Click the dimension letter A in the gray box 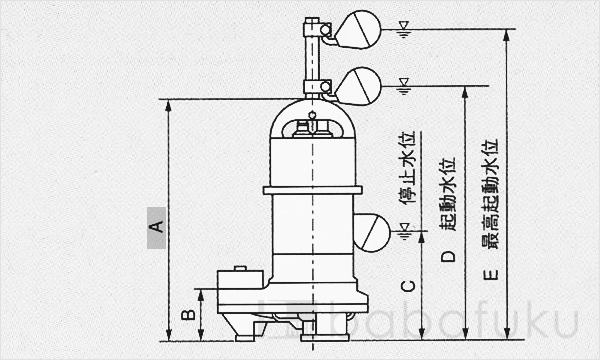tap(155, 219)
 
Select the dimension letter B tap(186, 315)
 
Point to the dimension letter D tap(449, 256)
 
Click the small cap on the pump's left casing tap(238, 268)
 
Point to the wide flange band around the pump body tap(312, 189)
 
